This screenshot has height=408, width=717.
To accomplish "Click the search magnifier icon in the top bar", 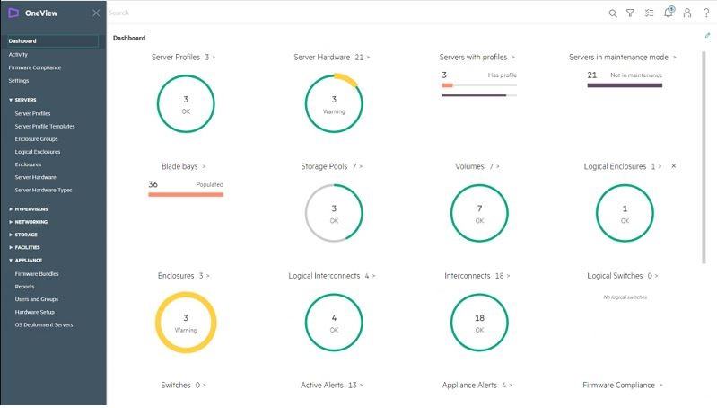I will (x=613, y=13).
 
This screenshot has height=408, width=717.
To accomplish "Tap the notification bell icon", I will (x=668, y=13).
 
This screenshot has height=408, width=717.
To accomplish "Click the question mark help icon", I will (x=706, y=13).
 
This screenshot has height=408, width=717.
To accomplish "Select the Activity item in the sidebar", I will (x=18, y=55).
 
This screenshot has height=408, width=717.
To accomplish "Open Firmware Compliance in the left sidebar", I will (x=35, y=67).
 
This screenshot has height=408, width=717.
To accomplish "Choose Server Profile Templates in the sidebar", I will (x=45, y=127).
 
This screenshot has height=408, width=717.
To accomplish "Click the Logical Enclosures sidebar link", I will (x=37, y=152).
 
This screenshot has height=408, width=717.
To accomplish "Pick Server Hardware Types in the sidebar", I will (x=44, y=191).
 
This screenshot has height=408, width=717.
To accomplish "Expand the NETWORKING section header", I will (x=31, y=222).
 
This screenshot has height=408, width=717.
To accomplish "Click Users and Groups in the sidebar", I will (x=37, y=299).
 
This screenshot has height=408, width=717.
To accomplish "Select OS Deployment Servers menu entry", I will (x=44, y=325).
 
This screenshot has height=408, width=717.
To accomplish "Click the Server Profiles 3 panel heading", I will (x=184, y=57).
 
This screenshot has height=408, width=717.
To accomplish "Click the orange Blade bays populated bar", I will (x=186, y=193).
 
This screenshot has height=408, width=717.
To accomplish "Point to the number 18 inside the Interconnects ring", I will (x=479, y=318).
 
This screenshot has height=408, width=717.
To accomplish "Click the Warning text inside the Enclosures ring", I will (x=186, y=330).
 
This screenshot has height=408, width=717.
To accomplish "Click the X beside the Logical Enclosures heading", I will (x=674, y=166).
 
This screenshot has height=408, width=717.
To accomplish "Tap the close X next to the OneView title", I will (x=96, y=13).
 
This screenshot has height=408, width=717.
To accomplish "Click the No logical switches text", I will (x=625, y=297).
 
